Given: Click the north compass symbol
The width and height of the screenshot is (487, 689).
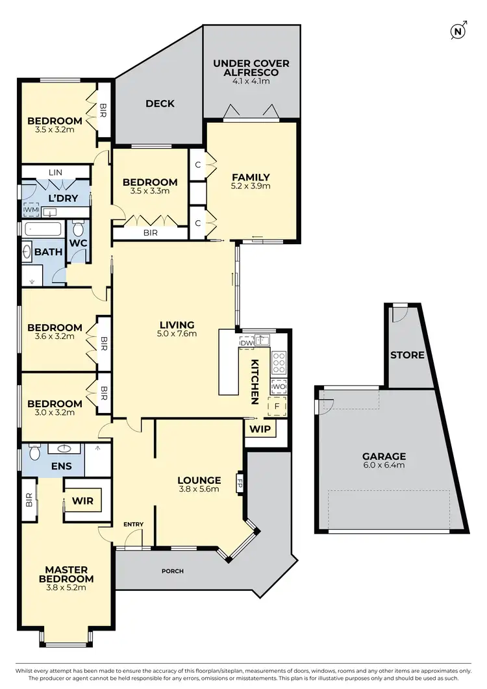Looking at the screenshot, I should (x=459, y=31).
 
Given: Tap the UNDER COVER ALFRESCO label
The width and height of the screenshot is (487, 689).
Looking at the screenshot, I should (x=251, y=68).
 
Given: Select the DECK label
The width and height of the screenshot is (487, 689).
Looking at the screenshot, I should (x=160, y=103).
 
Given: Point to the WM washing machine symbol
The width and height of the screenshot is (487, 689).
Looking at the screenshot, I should (x=31, y=210).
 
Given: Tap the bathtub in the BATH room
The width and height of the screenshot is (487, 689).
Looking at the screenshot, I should (x=43, y=229).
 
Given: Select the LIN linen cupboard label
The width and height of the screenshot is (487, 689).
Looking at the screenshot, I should (x=55, y=172).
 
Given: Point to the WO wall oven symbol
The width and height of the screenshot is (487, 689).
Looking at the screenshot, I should (x=278, y=386).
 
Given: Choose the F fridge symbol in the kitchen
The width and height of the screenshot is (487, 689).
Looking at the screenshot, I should (x=277, y=407).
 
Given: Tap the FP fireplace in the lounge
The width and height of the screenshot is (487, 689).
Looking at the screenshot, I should (x=240, y=484).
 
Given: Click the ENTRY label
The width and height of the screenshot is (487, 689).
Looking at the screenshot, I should (x=132, y=524).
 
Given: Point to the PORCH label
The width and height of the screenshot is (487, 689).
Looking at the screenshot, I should (x=173, y=571).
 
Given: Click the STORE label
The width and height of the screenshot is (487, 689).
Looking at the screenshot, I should (x=407, y=355).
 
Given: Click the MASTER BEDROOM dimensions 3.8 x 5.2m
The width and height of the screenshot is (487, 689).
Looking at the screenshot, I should (x=66, y=588).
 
